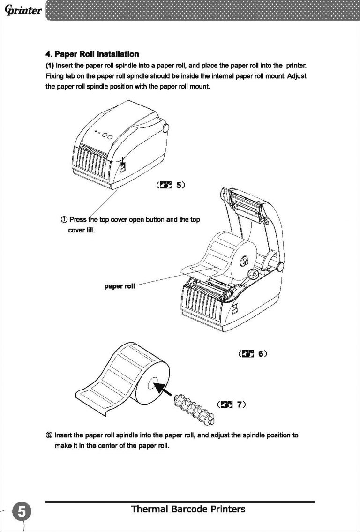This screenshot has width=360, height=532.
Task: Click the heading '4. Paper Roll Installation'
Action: [92, 54]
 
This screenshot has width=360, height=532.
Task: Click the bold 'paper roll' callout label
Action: [120, 286]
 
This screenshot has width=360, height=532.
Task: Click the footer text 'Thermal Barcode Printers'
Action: [188, 509]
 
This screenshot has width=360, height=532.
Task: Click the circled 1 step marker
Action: [64, 220]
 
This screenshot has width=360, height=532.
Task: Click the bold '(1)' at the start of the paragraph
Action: [50, 64]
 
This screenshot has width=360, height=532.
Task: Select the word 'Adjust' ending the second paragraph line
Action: [297, 75]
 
